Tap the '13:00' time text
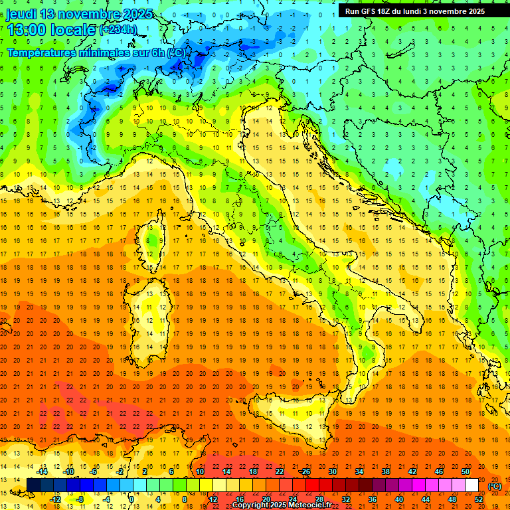click(26, 30)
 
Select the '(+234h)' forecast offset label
click(119, 30)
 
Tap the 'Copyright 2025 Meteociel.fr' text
click(282, 505)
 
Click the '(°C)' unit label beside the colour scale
click(495, 486)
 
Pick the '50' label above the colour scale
click(465, 471)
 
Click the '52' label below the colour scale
click(479, 499)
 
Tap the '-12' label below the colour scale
click(56, 499)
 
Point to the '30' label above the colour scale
click(332, 471)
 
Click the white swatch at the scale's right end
click(471, 485)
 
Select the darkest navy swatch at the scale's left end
click(33, 485)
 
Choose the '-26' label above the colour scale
click(305, 471)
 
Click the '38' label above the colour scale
click(385, 471)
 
